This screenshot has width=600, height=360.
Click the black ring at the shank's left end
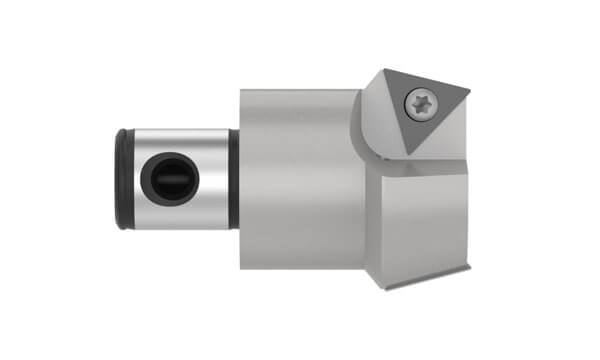[122, 179]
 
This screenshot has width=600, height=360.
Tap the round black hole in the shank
[167, 179]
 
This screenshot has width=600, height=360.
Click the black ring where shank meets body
[233, 179]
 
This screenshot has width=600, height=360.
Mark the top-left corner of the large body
[241, 90]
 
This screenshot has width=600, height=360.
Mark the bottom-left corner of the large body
[241, 267]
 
